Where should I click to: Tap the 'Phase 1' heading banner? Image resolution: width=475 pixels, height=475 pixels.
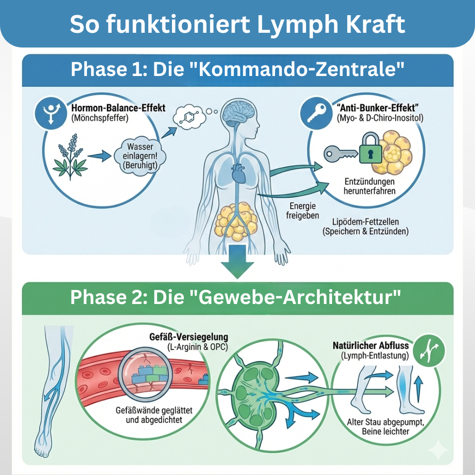tap(237, 70)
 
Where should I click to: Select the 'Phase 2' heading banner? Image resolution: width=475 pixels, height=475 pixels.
tap(237, 298)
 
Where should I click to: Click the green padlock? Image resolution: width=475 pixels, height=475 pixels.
tap(370, 151)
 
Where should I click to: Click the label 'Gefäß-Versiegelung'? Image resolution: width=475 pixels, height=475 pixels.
tap(185, 338)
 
